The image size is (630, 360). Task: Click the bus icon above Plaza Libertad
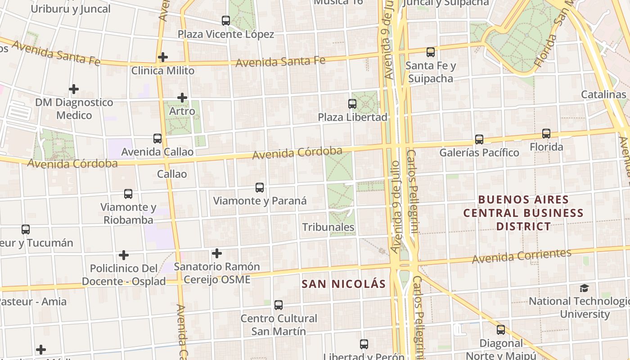pyautogui.click(x=352, y=104)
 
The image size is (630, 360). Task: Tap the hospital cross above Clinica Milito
pyautogui.click(x=163, y=57)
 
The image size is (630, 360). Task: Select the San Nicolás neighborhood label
pyautogui.click(x=344, y=284)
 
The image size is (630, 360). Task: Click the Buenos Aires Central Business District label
pyautogui.click(x=523, y=212)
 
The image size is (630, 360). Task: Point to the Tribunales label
pyautogui.click(x=328, y=227)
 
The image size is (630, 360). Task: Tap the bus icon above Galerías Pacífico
pyautogui.click(x=479, y=139)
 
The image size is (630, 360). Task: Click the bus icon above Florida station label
pyautogui.click(x=546, y=134)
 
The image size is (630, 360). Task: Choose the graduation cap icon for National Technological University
pyautogui.click(x=584, y=288)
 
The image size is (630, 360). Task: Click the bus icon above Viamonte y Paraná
pyautogui.click(x=260, y=188)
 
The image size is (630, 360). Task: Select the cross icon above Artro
pyautogui.click(x=182, y=98)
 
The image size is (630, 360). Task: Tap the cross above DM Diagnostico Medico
pyautogui.click(x=74, y=89)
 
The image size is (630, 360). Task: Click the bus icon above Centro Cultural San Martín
pyautogui.click(x=279, y=305)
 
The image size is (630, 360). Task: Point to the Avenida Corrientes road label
pyautogui.click(x=522, y=256)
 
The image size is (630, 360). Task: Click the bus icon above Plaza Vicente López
pyautogui.click(x=226, y=21)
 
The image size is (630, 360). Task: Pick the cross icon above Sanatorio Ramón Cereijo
pyautogui.click(x=217, y=253)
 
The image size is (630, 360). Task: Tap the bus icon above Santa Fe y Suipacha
pyautogui.click(x=431, y=52)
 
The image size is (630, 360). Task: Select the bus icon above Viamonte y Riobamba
pyautogui.click(x=128, y=194)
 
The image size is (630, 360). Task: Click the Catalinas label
pyautogui.click(x=603, y=94)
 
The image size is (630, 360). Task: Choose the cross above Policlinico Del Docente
pyautogui.click(x=124, y=255)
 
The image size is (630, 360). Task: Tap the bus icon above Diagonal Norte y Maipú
pyautogui.click(x=501, y=330)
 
